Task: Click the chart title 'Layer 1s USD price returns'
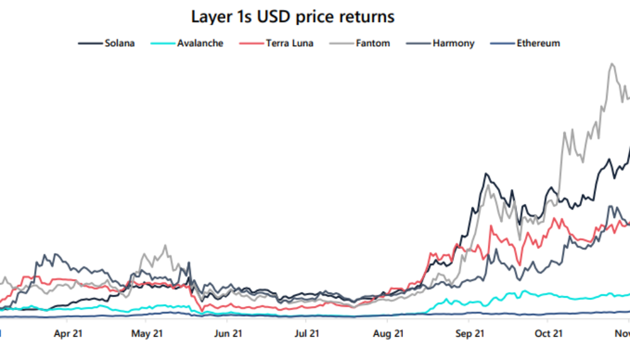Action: [x=293, y=16]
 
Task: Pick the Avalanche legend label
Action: [x=200, y=43]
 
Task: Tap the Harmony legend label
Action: [x=453, y=43]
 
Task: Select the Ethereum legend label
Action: [x=538, y=43]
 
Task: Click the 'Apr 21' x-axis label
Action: [x=68, y=333]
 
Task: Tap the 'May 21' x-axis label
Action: [x=147, y=333]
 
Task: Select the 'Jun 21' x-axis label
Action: [x=229, y=333]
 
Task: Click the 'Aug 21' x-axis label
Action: [x=388, y=333]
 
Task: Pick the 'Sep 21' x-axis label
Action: [x=469, y=333]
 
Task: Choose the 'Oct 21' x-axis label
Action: [x=548, y=333]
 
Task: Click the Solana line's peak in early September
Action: [x=485, y=174]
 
